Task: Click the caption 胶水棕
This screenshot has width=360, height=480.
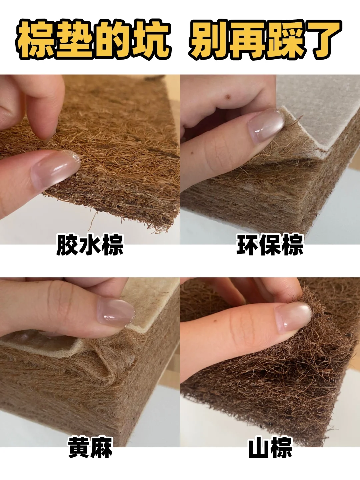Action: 90,245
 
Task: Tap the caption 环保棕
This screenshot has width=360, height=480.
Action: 270,245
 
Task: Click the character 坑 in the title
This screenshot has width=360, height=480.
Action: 151,40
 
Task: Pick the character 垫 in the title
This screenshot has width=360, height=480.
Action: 74,40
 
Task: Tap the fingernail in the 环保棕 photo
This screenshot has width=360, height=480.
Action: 266,126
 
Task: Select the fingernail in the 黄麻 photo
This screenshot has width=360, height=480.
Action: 116,312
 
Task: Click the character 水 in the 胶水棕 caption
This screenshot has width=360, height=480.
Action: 90,245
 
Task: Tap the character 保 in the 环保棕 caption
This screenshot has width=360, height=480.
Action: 270,245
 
